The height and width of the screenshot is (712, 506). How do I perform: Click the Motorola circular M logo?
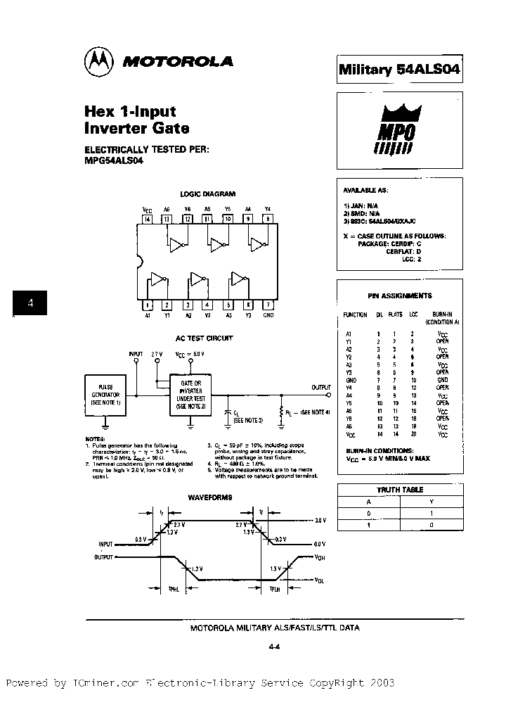click(100, 61)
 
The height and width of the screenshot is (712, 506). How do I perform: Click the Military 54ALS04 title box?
click(399, 69)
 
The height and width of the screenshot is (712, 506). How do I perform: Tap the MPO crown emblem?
click(398, 127)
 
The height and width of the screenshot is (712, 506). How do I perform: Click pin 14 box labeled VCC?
click(147, 219)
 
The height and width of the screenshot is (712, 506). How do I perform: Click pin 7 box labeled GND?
click(268, 305)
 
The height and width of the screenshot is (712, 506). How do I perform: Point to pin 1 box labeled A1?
click(148, 305)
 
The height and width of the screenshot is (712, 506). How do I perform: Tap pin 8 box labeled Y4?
click(268, 219)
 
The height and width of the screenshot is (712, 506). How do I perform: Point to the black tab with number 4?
click(30, 304)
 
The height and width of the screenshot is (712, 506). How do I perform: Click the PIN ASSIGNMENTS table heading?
click(400, 295)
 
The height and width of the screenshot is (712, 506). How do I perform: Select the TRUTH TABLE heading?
click(400, 490)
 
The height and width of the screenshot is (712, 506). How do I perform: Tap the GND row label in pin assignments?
click(351, 379)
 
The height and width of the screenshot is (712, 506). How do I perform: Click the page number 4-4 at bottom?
click(275, 649)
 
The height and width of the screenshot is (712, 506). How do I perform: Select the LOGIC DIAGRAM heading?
click(207, 193)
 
